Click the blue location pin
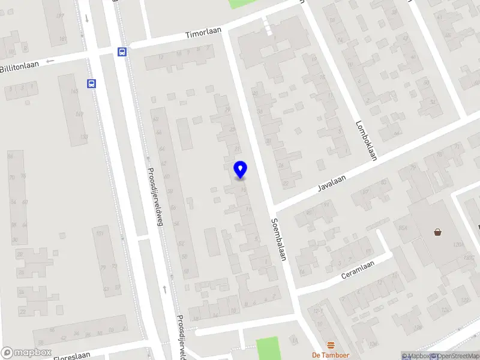tap(240, 169)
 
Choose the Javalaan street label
tap(333, 180)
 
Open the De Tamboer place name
tap(331, 355)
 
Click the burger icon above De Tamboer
tap(331, 344)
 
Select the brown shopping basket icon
tap(438, 232)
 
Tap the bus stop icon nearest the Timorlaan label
tap(122, 52)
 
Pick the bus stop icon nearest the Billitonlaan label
tap(92, 83)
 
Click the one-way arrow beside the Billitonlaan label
tap(50, 60)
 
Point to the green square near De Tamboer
tap(268, 348)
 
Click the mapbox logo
tap(26, 353)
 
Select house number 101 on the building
tap(63, 40)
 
